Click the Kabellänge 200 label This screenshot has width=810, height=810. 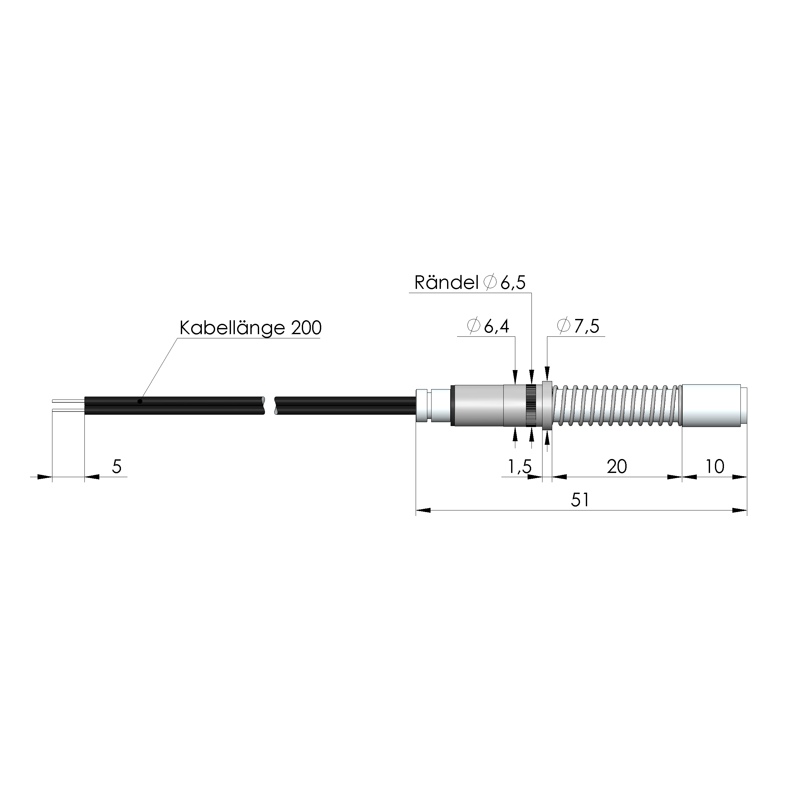pyautogui.click(x=250, y=328)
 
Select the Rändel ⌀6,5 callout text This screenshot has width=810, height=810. pyautogui.click(x=470, y=283)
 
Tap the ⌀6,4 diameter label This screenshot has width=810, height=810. pyautogui.click(x=487, y=326)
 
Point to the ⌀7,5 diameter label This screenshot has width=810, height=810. pyautogui.click(x=578, y=326)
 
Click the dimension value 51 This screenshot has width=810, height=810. pyautogui.click(x=581, y=500)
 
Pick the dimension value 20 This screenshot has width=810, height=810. pyautogui.click(x=617, y=467)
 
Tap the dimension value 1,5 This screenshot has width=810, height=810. pyautogui.click(x=520, y=467)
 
